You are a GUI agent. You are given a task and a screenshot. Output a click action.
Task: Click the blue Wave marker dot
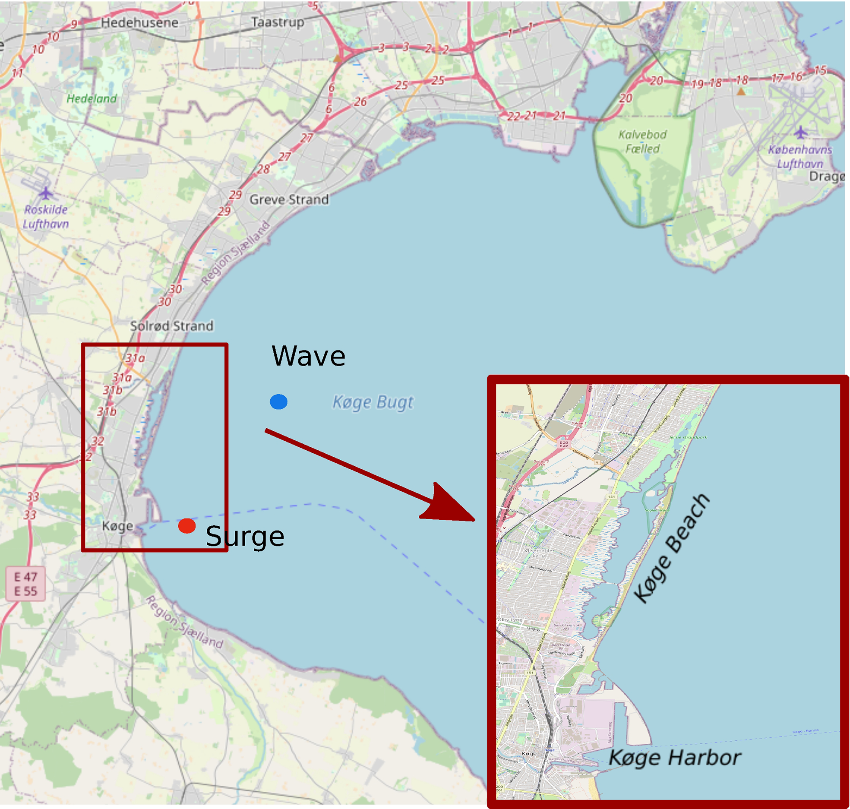click(x=278, y=401)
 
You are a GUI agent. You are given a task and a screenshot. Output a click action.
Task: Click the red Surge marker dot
click(x=187, y=526)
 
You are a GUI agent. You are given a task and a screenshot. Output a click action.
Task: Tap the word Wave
click(x=308, y=357)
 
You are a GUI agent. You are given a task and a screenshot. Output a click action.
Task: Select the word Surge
click(x=245, y=537)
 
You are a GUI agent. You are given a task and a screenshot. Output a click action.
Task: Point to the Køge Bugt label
click(x=373, y=402)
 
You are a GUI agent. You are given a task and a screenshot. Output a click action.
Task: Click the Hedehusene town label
click(x=139, y=22)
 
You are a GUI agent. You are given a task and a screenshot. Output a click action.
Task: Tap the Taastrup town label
click(x=278, y=22)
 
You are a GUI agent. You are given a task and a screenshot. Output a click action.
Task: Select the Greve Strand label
click(x=289, y=199)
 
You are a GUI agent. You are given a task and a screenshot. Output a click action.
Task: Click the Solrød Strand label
click(x=172, y=326)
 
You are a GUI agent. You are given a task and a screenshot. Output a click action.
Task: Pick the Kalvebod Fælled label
click(x=642, y=142)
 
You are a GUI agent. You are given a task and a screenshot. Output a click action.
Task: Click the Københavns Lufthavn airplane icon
click(x=801, y=132)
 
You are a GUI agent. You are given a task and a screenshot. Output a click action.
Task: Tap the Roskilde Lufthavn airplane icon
click(x=45, y=193)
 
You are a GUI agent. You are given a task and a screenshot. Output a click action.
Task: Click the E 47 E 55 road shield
click(x=25, y=584)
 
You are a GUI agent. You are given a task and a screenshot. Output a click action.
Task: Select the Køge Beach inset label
click(x=672, y=548)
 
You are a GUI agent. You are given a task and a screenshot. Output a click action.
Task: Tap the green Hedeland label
click(x=92, y=98)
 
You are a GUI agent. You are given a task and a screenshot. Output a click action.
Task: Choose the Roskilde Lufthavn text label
click(x=46, y=217)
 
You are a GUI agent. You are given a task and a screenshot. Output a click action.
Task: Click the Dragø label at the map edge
click(x=826, y=177)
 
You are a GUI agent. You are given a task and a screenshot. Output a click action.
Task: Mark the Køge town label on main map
click(x=117, y=526)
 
